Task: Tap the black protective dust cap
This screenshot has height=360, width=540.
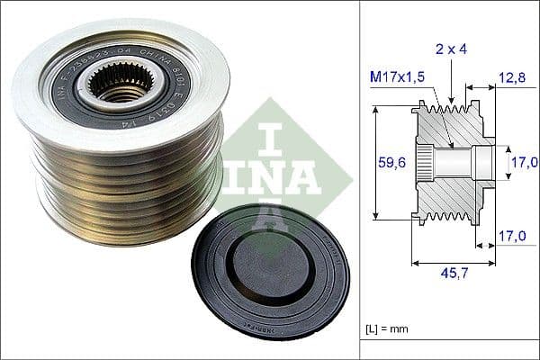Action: click(270, 270)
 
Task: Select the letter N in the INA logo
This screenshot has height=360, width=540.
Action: click(270, 175)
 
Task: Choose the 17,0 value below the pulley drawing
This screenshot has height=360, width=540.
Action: click(510, 238)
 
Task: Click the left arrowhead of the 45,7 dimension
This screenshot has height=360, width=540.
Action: click(415, 264)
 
